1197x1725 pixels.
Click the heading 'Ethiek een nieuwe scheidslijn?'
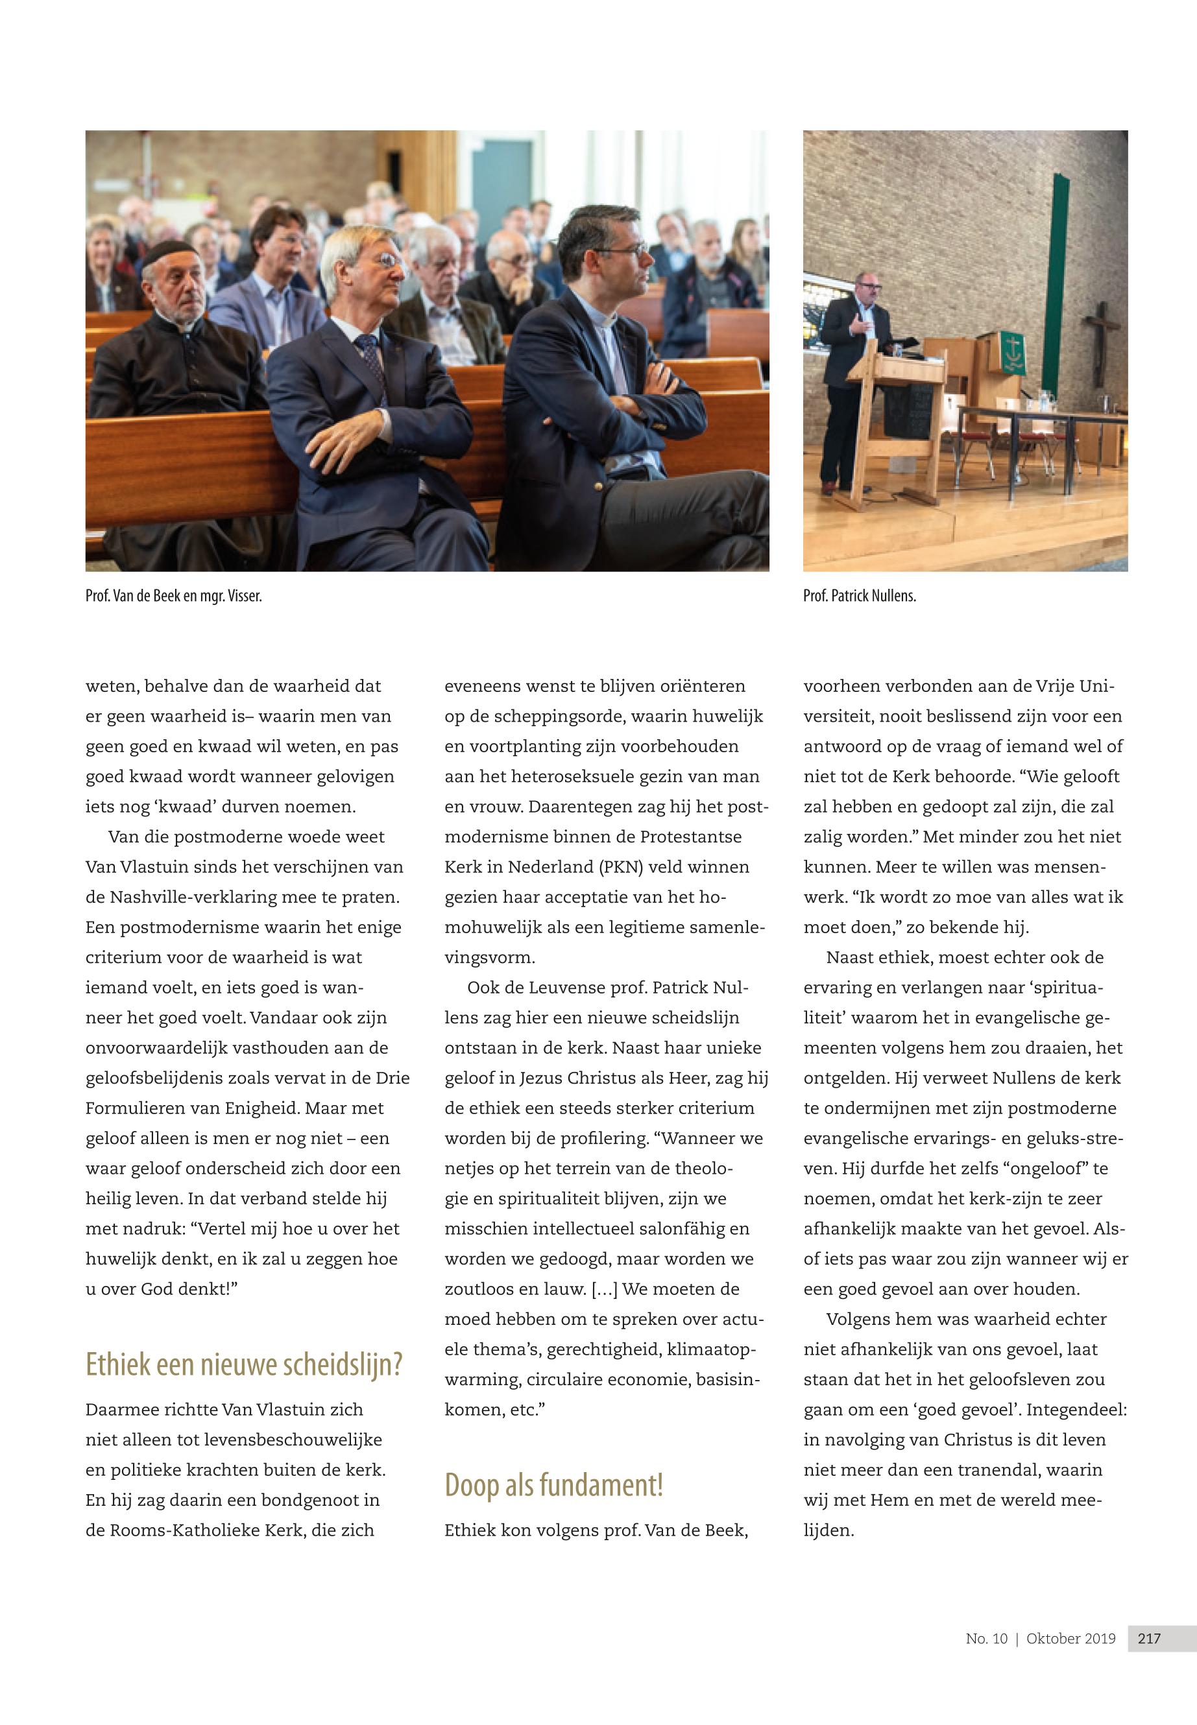[244, 1365]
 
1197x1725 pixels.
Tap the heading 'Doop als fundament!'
[553, 1485]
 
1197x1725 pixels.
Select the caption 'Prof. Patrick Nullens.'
[860, 596]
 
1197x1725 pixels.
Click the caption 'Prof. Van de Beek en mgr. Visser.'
[173, 596]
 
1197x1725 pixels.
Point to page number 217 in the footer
[1149, 1638]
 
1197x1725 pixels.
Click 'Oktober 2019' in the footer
[1070, 1638]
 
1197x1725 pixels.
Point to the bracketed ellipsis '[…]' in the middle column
[605, 1289]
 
